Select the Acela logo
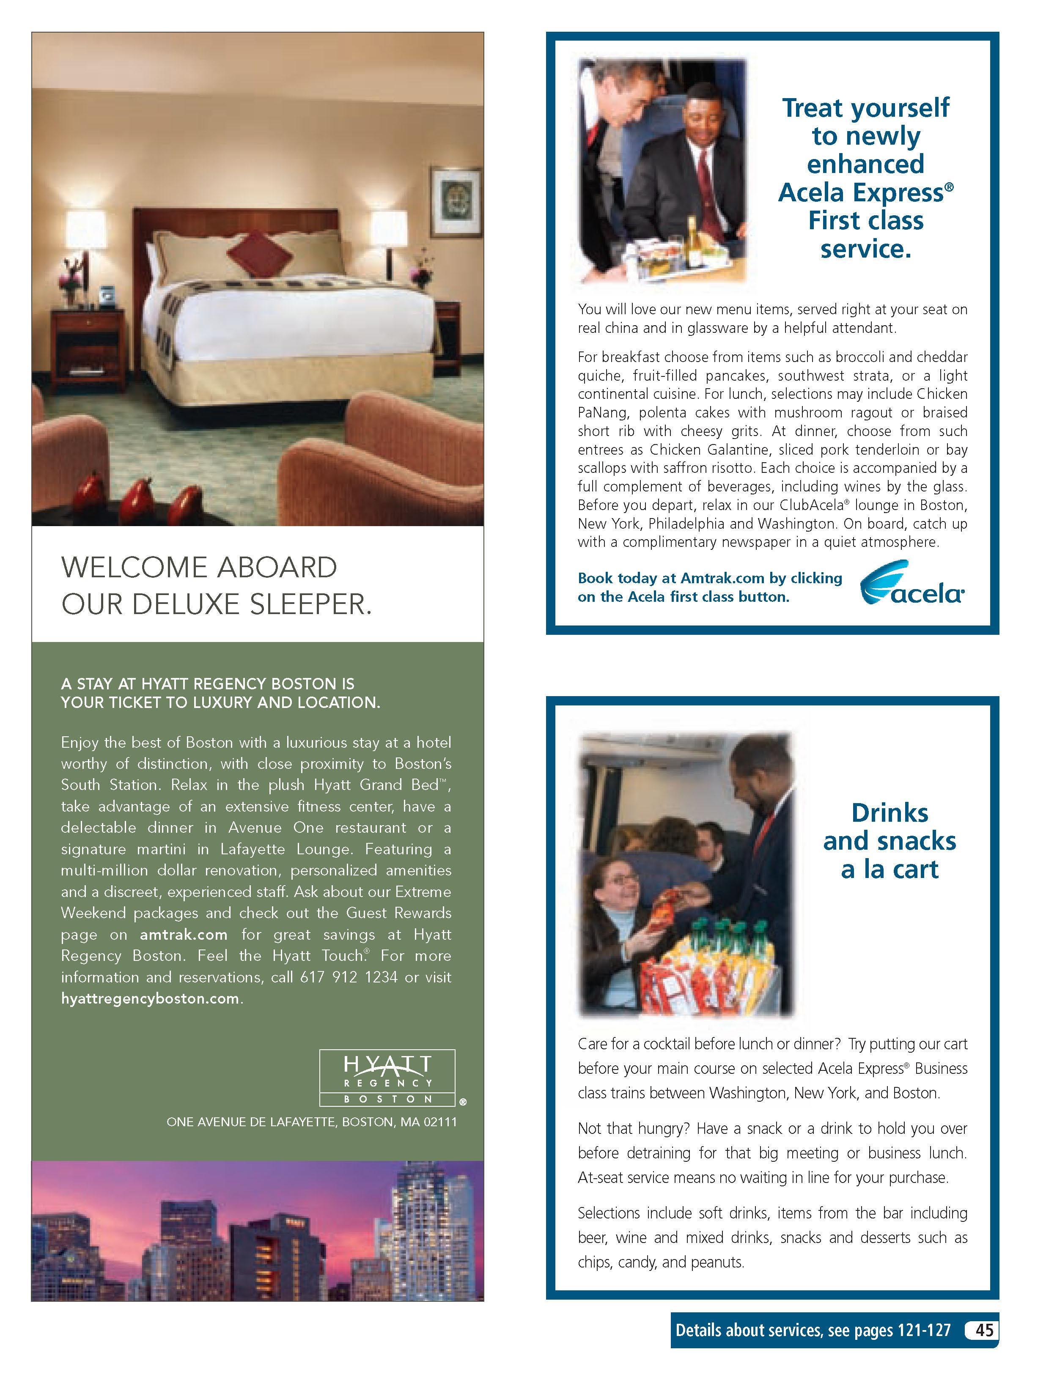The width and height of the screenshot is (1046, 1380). click(x=912, y=584)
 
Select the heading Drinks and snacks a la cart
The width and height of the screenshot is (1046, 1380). click(x=890, y=840)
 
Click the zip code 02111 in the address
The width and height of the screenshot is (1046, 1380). click(x=440, y=1122)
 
